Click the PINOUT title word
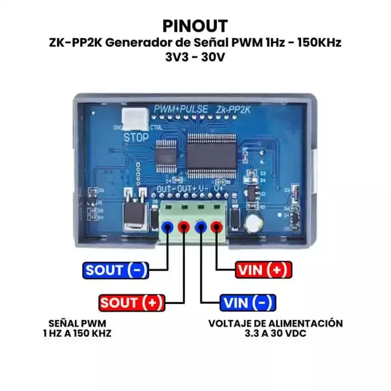click(x=195, y=25)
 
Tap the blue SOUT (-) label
click(x=116, y=270)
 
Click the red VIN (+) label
click(x=263, y=270)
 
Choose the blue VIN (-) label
click(x=247, y=303)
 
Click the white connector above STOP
click(x=133, y=117)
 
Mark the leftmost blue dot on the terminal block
click(x=168, y=226)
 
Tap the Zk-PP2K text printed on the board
click(x=233, y=110)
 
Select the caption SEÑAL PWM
click(x=77, y=323)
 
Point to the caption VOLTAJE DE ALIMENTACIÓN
click(x=275, y=323)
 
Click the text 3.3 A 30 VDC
click(x=275, y=333)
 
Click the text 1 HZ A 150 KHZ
click(x=77, y=333)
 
